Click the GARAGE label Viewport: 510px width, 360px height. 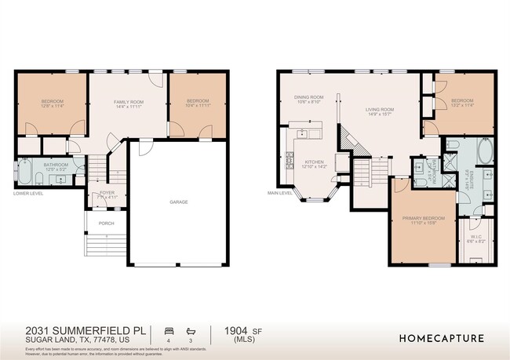(179, 202)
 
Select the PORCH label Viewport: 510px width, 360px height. (106, 224)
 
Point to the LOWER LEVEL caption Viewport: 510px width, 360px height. (28, 192)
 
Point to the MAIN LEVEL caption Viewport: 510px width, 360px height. (280, 192)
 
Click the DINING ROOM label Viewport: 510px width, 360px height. (308, 97)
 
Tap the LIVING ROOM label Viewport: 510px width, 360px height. (379, 110)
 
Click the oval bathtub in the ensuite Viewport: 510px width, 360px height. (484, 151)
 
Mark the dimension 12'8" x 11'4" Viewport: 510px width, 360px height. (53, 106)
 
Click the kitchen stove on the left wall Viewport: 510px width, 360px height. (289, 155)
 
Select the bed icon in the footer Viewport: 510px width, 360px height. (168, 331)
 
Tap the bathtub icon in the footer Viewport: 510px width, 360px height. (189, 331)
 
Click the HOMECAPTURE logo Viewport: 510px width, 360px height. (441, 339)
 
